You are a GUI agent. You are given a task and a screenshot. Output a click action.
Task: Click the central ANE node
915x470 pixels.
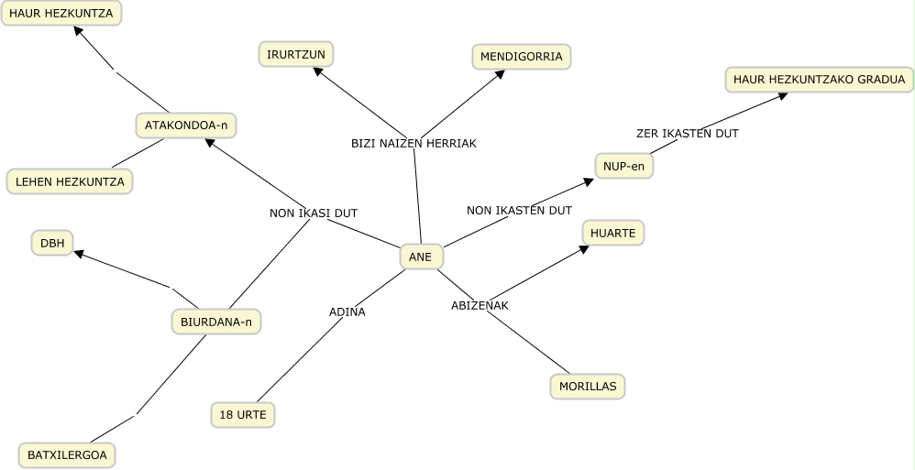(421, 257)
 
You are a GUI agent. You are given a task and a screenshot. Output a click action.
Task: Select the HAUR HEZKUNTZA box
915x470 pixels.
(61, 13)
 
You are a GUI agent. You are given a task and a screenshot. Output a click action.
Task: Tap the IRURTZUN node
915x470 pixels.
(296, 54)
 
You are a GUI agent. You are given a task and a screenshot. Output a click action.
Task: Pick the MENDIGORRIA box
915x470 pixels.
(521, 57)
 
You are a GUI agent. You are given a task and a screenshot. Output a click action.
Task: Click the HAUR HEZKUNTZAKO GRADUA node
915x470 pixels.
(820, 80)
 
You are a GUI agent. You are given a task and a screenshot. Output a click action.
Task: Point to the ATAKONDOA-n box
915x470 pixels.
(186, 126)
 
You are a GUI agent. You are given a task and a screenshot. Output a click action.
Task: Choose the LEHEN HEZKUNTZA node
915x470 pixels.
(70, 181)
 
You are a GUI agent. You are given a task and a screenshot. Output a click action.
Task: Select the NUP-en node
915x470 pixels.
(623, 166)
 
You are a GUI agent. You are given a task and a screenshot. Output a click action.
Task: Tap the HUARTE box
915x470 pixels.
(612, 233)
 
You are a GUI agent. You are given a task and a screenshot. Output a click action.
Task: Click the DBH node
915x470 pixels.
(52, 243)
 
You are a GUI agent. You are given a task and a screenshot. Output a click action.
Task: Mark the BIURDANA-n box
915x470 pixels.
(215, 322)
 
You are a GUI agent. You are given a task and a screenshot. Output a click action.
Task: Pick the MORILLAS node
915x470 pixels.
(588, 386)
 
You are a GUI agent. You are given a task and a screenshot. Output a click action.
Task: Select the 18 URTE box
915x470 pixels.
(243, 415)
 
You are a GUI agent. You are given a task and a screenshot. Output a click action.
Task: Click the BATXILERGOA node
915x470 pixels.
(67, 454)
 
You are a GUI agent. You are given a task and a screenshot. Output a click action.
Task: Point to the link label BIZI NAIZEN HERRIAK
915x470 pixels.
(413, 143)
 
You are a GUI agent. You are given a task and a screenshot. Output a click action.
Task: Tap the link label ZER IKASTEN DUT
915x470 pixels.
(688, 133)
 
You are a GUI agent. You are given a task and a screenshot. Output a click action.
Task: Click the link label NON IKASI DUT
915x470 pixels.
(314, 213)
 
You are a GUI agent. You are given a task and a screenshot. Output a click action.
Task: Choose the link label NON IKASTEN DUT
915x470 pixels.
(519, 210)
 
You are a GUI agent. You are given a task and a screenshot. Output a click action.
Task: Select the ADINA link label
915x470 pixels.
(347, 312)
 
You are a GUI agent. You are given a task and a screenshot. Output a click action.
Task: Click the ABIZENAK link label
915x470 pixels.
(480, 305)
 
